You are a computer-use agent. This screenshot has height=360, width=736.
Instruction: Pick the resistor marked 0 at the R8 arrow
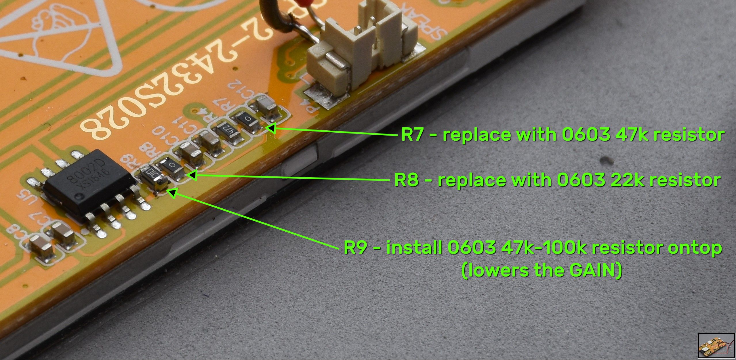click(x=172, y=167)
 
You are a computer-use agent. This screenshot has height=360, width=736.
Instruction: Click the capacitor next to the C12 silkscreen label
click(x=267, y=108)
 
